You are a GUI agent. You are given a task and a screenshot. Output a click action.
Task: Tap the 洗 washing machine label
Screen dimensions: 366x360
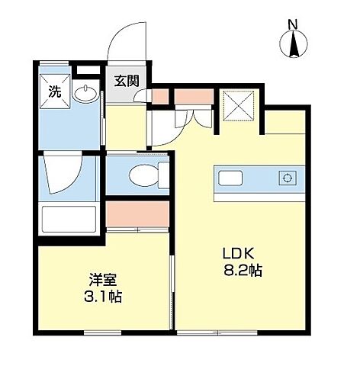(x=54, y=91)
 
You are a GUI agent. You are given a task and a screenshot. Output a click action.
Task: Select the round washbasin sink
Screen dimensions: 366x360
(x=86, y=95)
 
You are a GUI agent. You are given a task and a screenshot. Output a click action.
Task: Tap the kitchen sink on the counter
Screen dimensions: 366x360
(x=231, y=178)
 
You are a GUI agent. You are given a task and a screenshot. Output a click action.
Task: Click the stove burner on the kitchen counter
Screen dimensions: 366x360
(x=287, y=178)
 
